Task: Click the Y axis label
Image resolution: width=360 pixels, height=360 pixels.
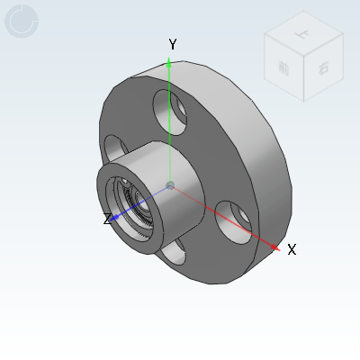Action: (173, 44)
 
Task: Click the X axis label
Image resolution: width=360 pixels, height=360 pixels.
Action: (292, 249)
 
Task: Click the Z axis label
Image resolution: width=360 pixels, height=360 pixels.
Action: (107, 219)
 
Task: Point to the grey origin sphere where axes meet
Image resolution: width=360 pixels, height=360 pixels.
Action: (170, 185)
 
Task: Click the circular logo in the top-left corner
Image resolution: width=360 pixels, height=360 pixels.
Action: (22, 21)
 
